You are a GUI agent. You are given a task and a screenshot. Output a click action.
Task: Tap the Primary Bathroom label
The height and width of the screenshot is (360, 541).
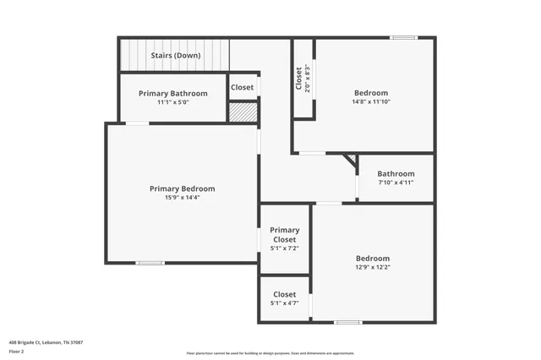pos(172,93)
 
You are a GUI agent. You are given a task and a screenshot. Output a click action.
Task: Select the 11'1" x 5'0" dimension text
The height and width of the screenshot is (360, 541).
pos(172,102)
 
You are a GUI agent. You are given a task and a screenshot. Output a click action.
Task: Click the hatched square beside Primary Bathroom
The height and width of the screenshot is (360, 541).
pos(243,112)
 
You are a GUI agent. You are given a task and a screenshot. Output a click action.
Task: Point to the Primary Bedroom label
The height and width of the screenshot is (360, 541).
pos(182,188)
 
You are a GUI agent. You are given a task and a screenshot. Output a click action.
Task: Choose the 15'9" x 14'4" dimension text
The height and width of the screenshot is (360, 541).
pos(182,198)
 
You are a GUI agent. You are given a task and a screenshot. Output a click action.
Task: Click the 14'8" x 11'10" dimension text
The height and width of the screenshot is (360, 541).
pos(371,102)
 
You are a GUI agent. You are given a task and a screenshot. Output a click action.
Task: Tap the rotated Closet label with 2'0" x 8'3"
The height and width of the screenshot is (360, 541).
pos(303,79)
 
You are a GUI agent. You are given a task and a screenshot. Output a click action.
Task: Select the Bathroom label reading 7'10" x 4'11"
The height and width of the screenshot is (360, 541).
pos(396,173)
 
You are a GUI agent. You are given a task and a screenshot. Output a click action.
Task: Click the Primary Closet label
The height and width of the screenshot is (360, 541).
pos(284,234)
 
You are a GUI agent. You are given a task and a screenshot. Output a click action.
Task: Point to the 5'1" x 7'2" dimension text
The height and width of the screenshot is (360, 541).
pos(284,249)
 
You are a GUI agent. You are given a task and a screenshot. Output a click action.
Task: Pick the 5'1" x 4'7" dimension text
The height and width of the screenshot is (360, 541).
pos(284,303)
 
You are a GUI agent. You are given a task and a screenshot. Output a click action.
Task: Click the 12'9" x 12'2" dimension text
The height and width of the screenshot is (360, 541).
pos(372,268)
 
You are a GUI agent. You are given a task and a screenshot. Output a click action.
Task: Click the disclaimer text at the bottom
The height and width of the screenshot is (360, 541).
pos(270,353)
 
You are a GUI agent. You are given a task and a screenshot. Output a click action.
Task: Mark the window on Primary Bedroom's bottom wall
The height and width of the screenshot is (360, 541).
pos(150,263)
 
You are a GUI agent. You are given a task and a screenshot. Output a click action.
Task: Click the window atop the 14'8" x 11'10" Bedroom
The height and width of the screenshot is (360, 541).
pos(403,37)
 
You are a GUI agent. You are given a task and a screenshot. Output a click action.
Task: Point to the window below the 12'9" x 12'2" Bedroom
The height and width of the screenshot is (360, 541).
pos(347,322)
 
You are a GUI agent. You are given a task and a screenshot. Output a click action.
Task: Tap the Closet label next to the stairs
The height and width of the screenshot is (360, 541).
pos(242,87)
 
